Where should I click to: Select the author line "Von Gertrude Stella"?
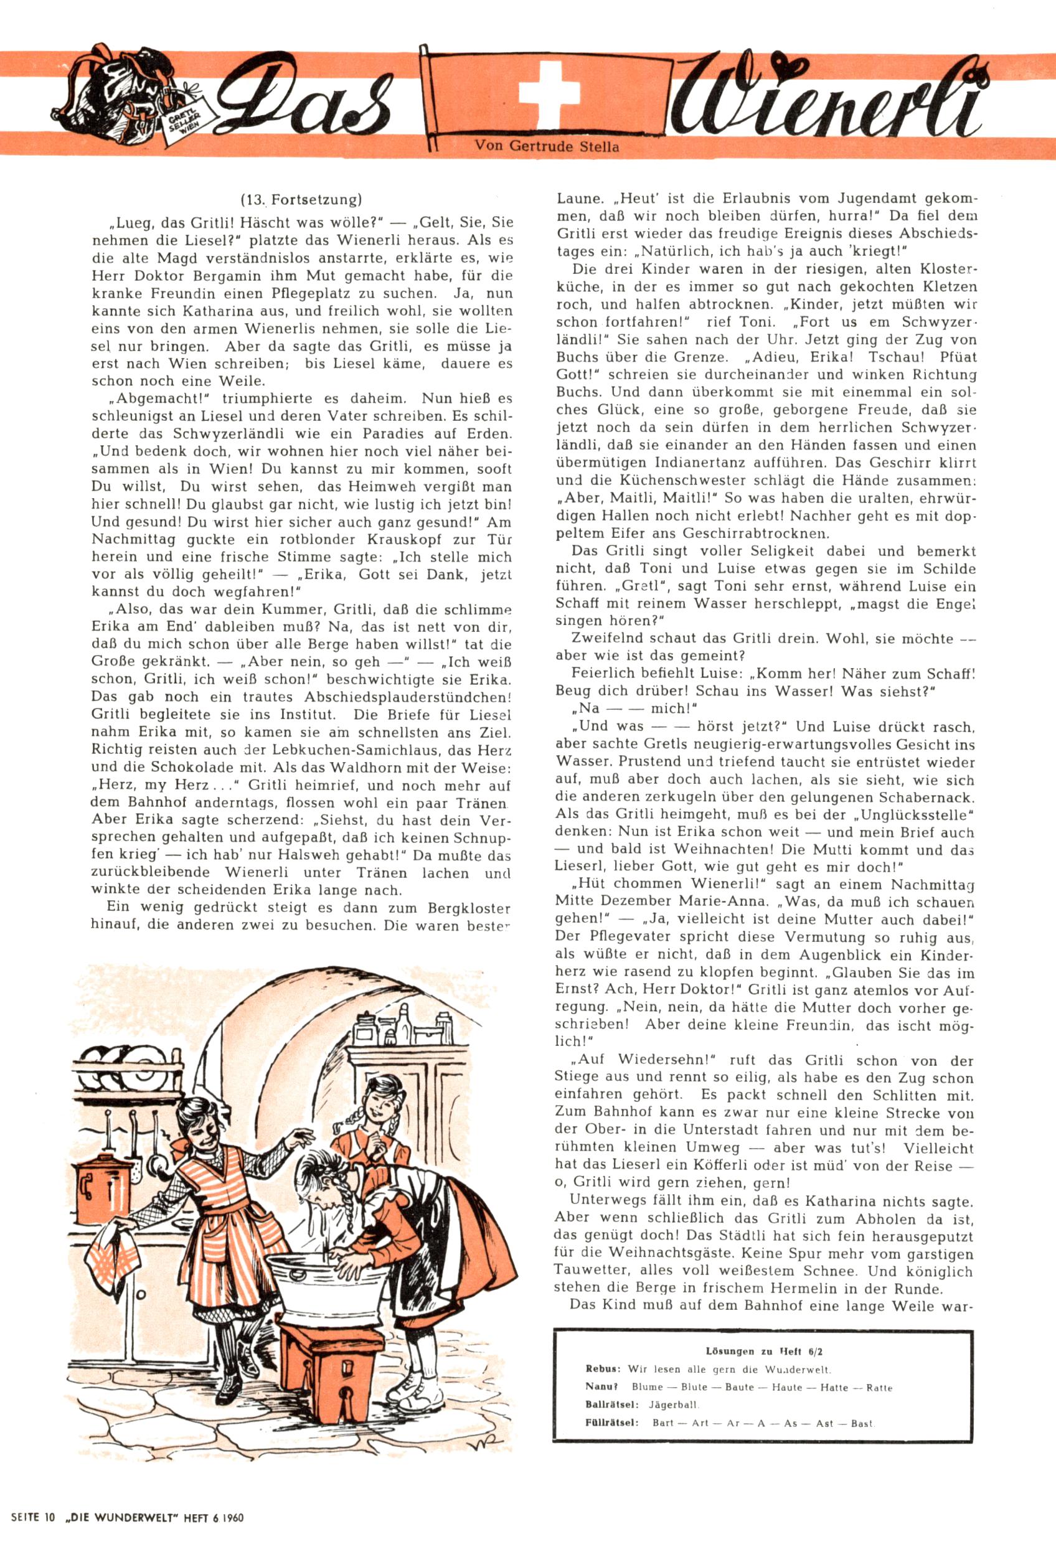[547, 146]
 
